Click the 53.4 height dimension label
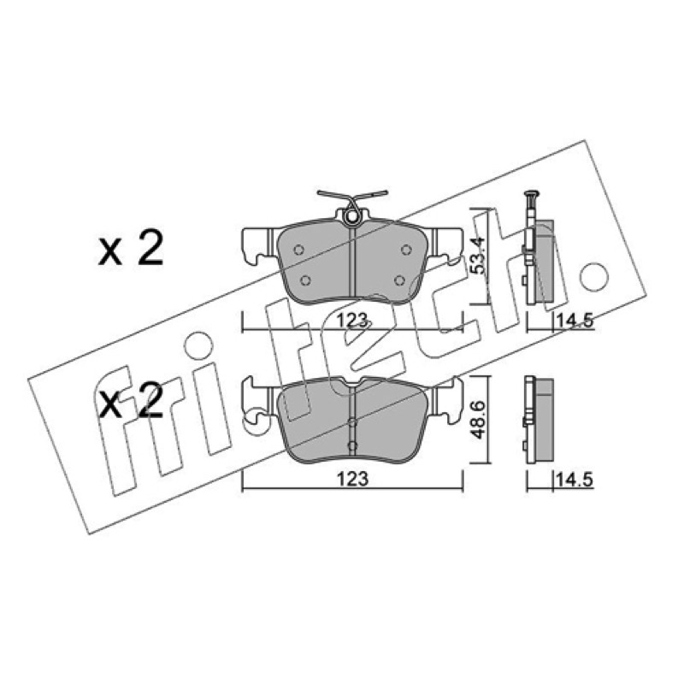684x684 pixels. click(x=480, y=256)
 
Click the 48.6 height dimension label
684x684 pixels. click(x=480, y=420)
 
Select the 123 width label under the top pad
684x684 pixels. click(x=352, y=321)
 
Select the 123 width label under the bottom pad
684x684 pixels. click(x=352, y=479)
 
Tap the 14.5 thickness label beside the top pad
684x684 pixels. click(x=574, y=321)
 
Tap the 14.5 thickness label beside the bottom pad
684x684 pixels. click(x=574, y=481)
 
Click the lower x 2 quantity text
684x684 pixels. click(x=131, y=400)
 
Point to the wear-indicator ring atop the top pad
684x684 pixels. click(x=351, y=216)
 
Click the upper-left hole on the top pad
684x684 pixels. click(x=298, y=250)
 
